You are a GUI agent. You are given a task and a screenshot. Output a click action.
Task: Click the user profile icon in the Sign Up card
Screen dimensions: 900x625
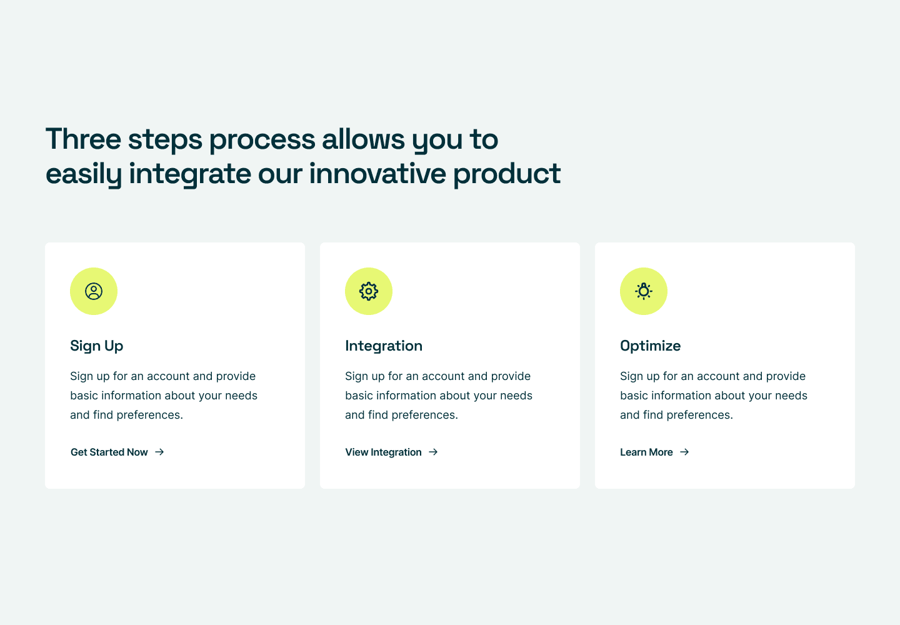[x=94, y=291]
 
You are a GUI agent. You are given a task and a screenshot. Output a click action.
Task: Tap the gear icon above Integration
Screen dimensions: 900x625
[x=369, y=291]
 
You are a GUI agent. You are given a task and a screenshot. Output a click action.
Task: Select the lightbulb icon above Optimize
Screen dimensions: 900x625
[x=644, y=291]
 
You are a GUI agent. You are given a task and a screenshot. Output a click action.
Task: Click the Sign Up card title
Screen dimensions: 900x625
[x=96, y=346]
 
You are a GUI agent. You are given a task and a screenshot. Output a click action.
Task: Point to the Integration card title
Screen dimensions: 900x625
[x=384, y=346]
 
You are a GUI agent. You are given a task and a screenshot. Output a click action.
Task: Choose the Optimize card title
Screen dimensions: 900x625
[x=651, y=346]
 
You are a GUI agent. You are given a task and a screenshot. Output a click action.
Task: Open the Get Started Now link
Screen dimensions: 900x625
[x=109, y=452]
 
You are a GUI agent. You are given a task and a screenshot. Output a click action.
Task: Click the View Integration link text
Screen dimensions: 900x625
[x=383, y=452]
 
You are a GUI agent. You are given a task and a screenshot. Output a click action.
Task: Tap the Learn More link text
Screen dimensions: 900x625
[x=646, y=452]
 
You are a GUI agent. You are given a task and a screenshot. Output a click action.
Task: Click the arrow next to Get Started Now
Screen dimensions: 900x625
[x=159, y=452]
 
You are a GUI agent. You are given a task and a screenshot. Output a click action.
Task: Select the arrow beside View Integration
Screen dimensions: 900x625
[x=433, y=452]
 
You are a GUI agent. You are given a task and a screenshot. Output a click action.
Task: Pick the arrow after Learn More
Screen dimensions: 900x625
[x=684, y=452]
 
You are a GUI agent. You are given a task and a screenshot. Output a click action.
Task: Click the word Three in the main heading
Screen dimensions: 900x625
[x=84, y=139]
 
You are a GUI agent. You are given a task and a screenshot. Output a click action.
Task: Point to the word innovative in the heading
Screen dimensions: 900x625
[x=377, y=174]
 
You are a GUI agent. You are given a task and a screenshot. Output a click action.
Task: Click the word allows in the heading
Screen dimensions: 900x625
[x=363, y=139]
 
